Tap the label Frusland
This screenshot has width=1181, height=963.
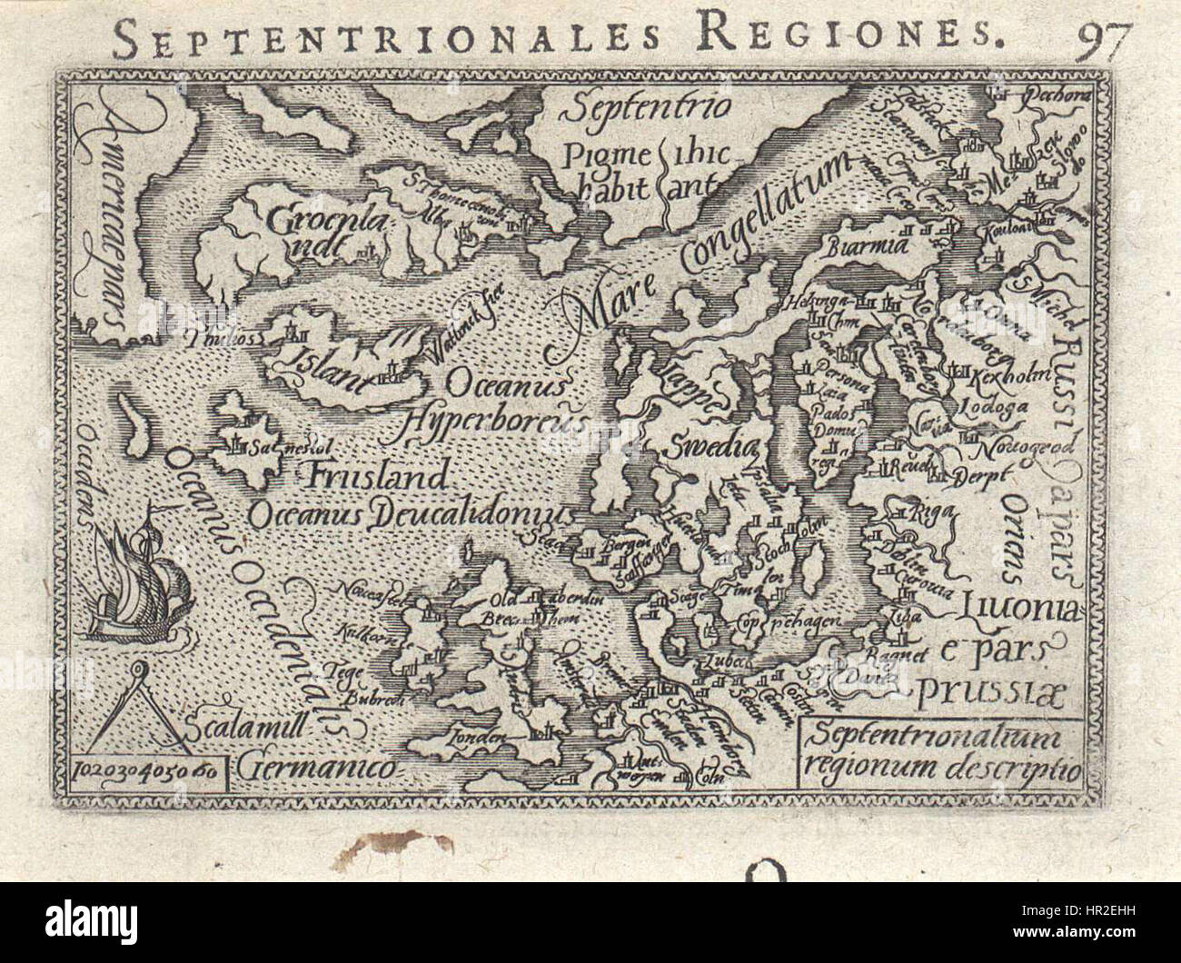tap(378, 475)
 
